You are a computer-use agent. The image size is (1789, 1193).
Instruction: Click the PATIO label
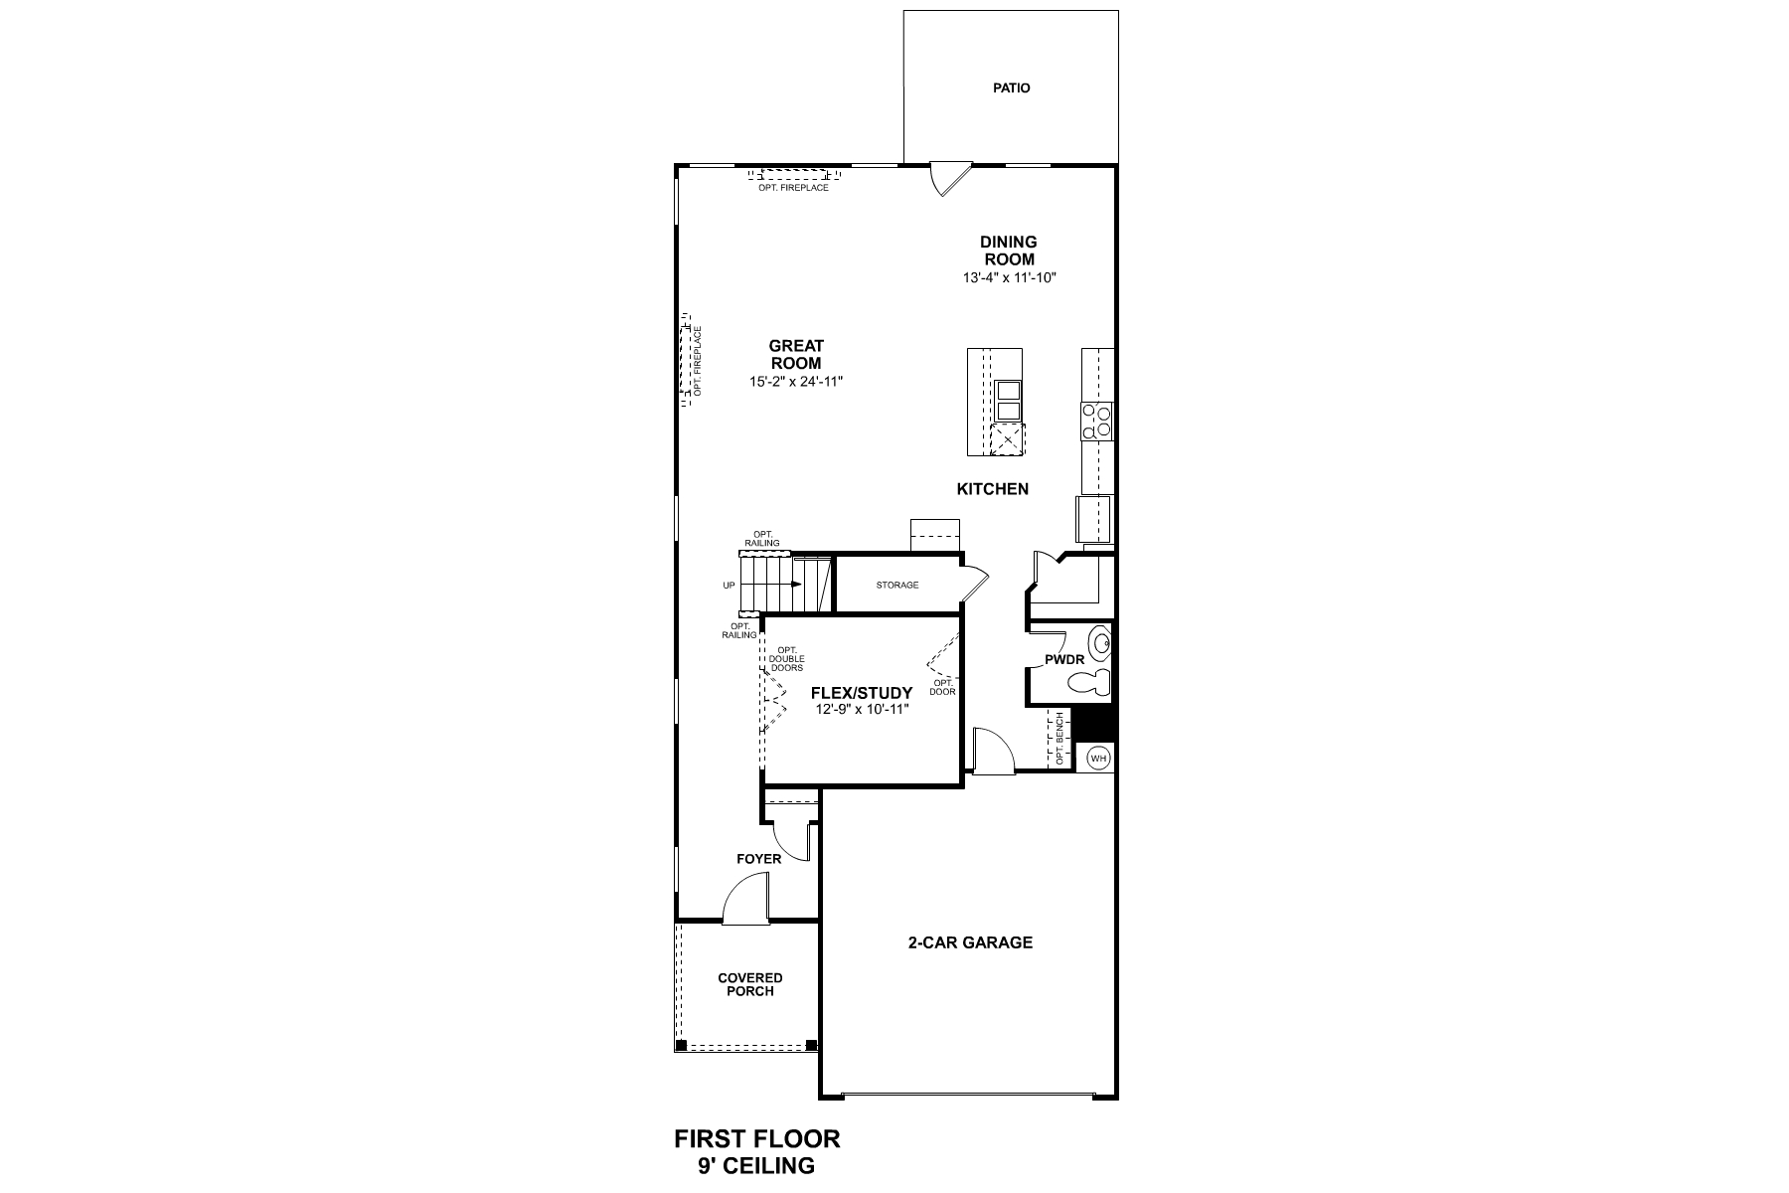tap(1011, 88)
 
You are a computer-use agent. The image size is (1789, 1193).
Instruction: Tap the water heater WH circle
tap(1098, 759)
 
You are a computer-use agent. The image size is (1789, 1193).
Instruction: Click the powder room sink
tap(1099, 645)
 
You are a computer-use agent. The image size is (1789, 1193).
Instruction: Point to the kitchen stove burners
tap(1097, 421)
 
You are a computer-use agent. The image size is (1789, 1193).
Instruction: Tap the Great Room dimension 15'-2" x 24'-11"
tap(796, 381)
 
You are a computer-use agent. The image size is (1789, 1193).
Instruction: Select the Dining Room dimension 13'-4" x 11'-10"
tap(1009, 277)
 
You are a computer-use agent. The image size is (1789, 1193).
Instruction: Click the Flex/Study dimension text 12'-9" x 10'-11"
tap(861, 709)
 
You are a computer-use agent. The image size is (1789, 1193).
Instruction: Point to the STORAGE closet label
tap(897, 586)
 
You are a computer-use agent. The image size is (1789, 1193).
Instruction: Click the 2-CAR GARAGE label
tap(970, 942)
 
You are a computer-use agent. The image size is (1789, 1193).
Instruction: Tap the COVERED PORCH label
tap(750, 984)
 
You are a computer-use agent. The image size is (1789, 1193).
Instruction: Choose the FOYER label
tap(758, 859)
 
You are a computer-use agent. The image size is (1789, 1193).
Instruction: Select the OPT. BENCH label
tap(1060, 739)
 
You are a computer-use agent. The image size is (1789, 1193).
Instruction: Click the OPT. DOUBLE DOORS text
tap(786, 659)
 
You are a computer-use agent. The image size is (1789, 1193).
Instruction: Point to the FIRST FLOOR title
tap(757, 1138)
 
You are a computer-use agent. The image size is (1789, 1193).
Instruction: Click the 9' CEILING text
tap(757, 1165)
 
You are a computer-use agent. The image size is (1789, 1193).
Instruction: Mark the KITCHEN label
tap(992, 489)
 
